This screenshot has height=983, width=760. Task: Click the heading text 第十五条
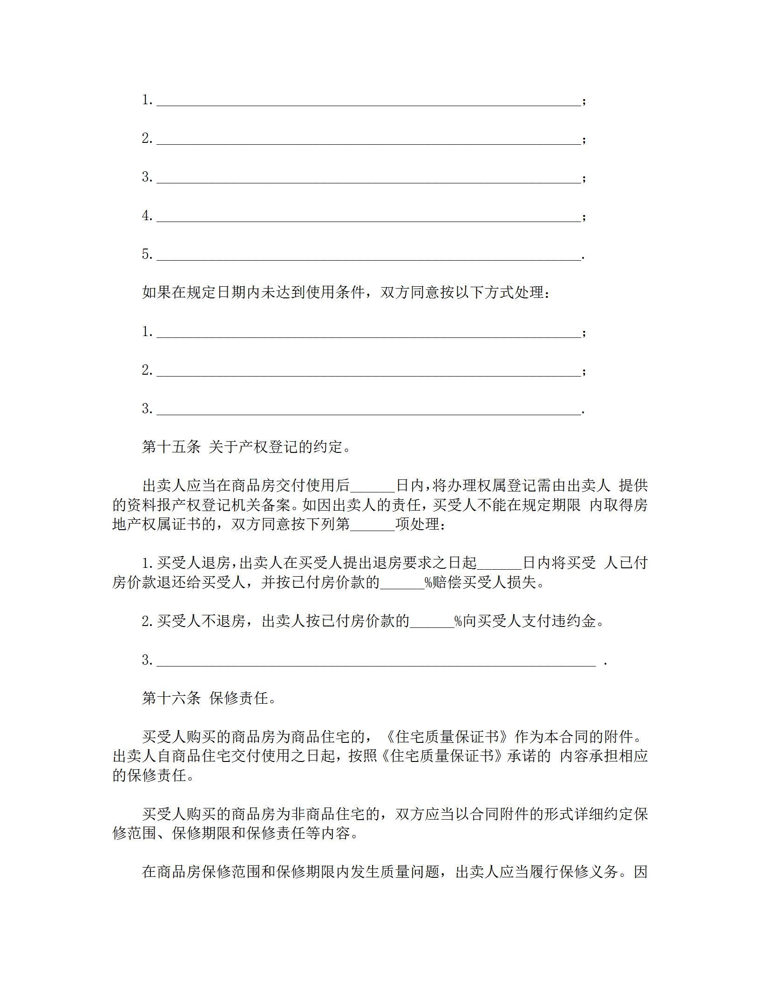pyautogui.click(x=171, y=447)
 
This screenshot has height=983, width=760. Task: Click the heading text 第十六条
pyautogui.click(x=171, y=698)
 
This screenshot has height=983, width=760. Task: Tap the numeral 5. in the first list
pyautogui.click(x=148, y=254)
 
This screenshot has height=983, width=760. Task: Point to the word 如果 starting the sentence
pyautogui.click(x=156, y=292)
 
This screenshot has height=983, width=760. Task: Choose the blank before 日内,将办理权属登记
pyautogui.click(x=373, y=486)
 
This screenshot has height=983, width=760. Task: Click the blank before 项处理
pyautogui.click(x=373, y=525)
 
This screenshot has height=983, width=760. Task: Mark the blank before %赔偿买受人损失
pyautogui.click(x=402, y=583)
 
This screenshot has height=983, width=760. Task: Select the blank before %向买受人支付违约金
pyautogui.click(x=432, y=621)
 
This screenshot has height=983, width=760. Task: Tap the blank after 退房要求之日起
pyautogui.click(x=500, y=563)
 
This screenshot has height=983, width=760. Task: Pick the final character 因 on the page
pyautogui.click(x=641, y=872)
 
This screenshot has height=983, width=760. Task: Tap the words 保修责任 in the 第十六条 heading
pyautogui.click(x=239, y=698)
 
